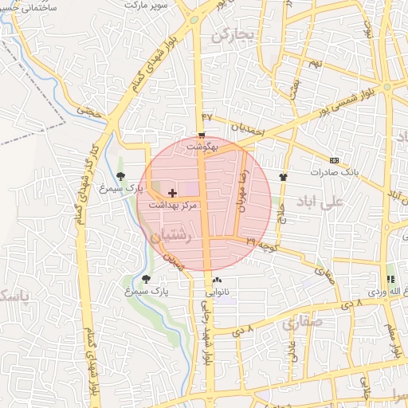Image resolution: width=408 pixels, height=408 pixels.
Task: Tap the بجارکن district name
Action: (x=232, y=36)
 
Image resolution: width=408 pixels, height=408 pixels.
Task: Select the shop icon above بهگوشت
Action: (x=202, y=135)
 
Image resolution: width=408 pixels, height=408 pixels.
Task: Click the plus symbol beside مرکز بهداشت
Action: (x=172, y=193)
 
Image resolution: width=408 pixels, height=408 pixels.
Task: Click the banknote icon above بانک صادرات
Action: (x=334, y=160)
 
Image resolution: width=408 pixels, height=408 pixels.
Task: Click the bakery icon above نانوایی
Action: (x=217, y=280)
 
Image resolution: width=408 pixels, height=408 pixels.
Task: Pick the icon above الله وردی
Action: (x=390, y=279)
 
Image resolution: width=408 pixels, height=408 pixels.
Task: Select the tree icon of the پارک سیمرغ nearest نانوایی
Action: (x=146, y=278)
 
